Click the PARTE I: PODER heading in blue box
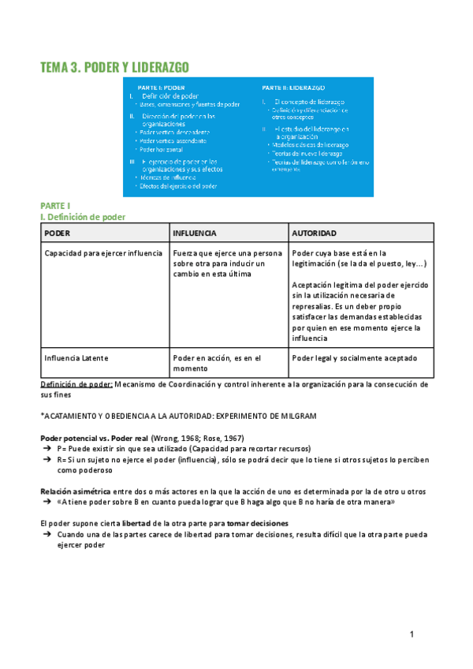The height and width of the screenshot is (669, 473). (162, 87)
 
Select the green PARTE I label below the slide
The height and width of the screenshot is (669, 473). (55, 205)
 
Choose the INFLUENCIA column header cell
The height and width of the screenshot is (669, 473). (195, 234)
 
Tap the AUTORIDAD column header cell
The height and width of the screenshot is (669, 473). (315, 234)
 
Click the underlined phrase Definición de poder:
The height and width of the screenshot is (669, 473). (76, 384)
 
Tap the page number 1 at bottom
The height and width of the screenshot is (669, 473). (412, 635)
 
